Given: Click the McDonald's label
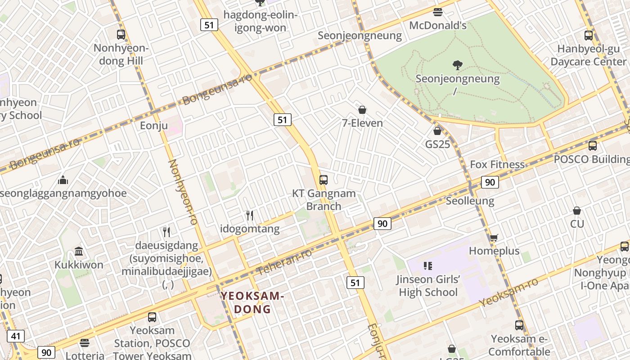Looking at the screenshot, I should pos(437,25).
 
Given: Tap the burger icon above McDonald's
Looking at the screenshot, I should pos(438,12).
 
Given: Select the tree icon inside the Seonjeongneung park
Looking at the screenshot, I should pos(458,65).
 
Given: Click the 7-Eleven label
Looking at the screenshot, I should pos(362,123).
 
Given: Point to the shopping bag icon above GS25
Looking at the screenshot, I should pos(437,131).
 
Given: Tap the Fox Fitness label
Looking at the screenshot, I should pos(497,165).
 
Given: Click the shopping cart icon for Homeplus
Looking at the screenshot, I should pos(494,238).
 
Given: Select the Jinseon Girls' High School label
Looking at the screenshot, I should pos(428,286).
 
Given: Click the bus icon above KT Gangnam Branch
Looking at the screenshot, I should pos(324,180).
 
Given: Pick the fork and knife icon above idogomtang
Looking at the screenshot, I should pos(250,216).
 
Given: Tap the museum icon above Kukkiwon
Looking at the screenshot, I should pos(79,251).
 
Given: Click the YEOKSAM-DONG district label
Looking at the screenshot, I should pos(252,302).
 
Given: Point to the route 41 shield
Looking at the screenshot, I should pos(16,336).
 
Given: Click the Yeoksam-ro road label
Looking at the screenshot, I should pos(508,292).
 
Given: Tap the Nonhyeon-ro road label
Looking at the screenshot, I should pos(183,192).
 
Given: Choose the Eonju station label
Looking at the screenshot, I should pos(154,126).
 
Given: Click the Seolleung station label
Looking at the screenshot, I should pos(470,201).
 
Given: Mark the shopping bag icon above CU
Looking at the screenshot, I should pos(577,211).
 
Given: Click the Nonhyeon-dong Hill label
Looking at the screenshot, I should pos(121,54).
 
